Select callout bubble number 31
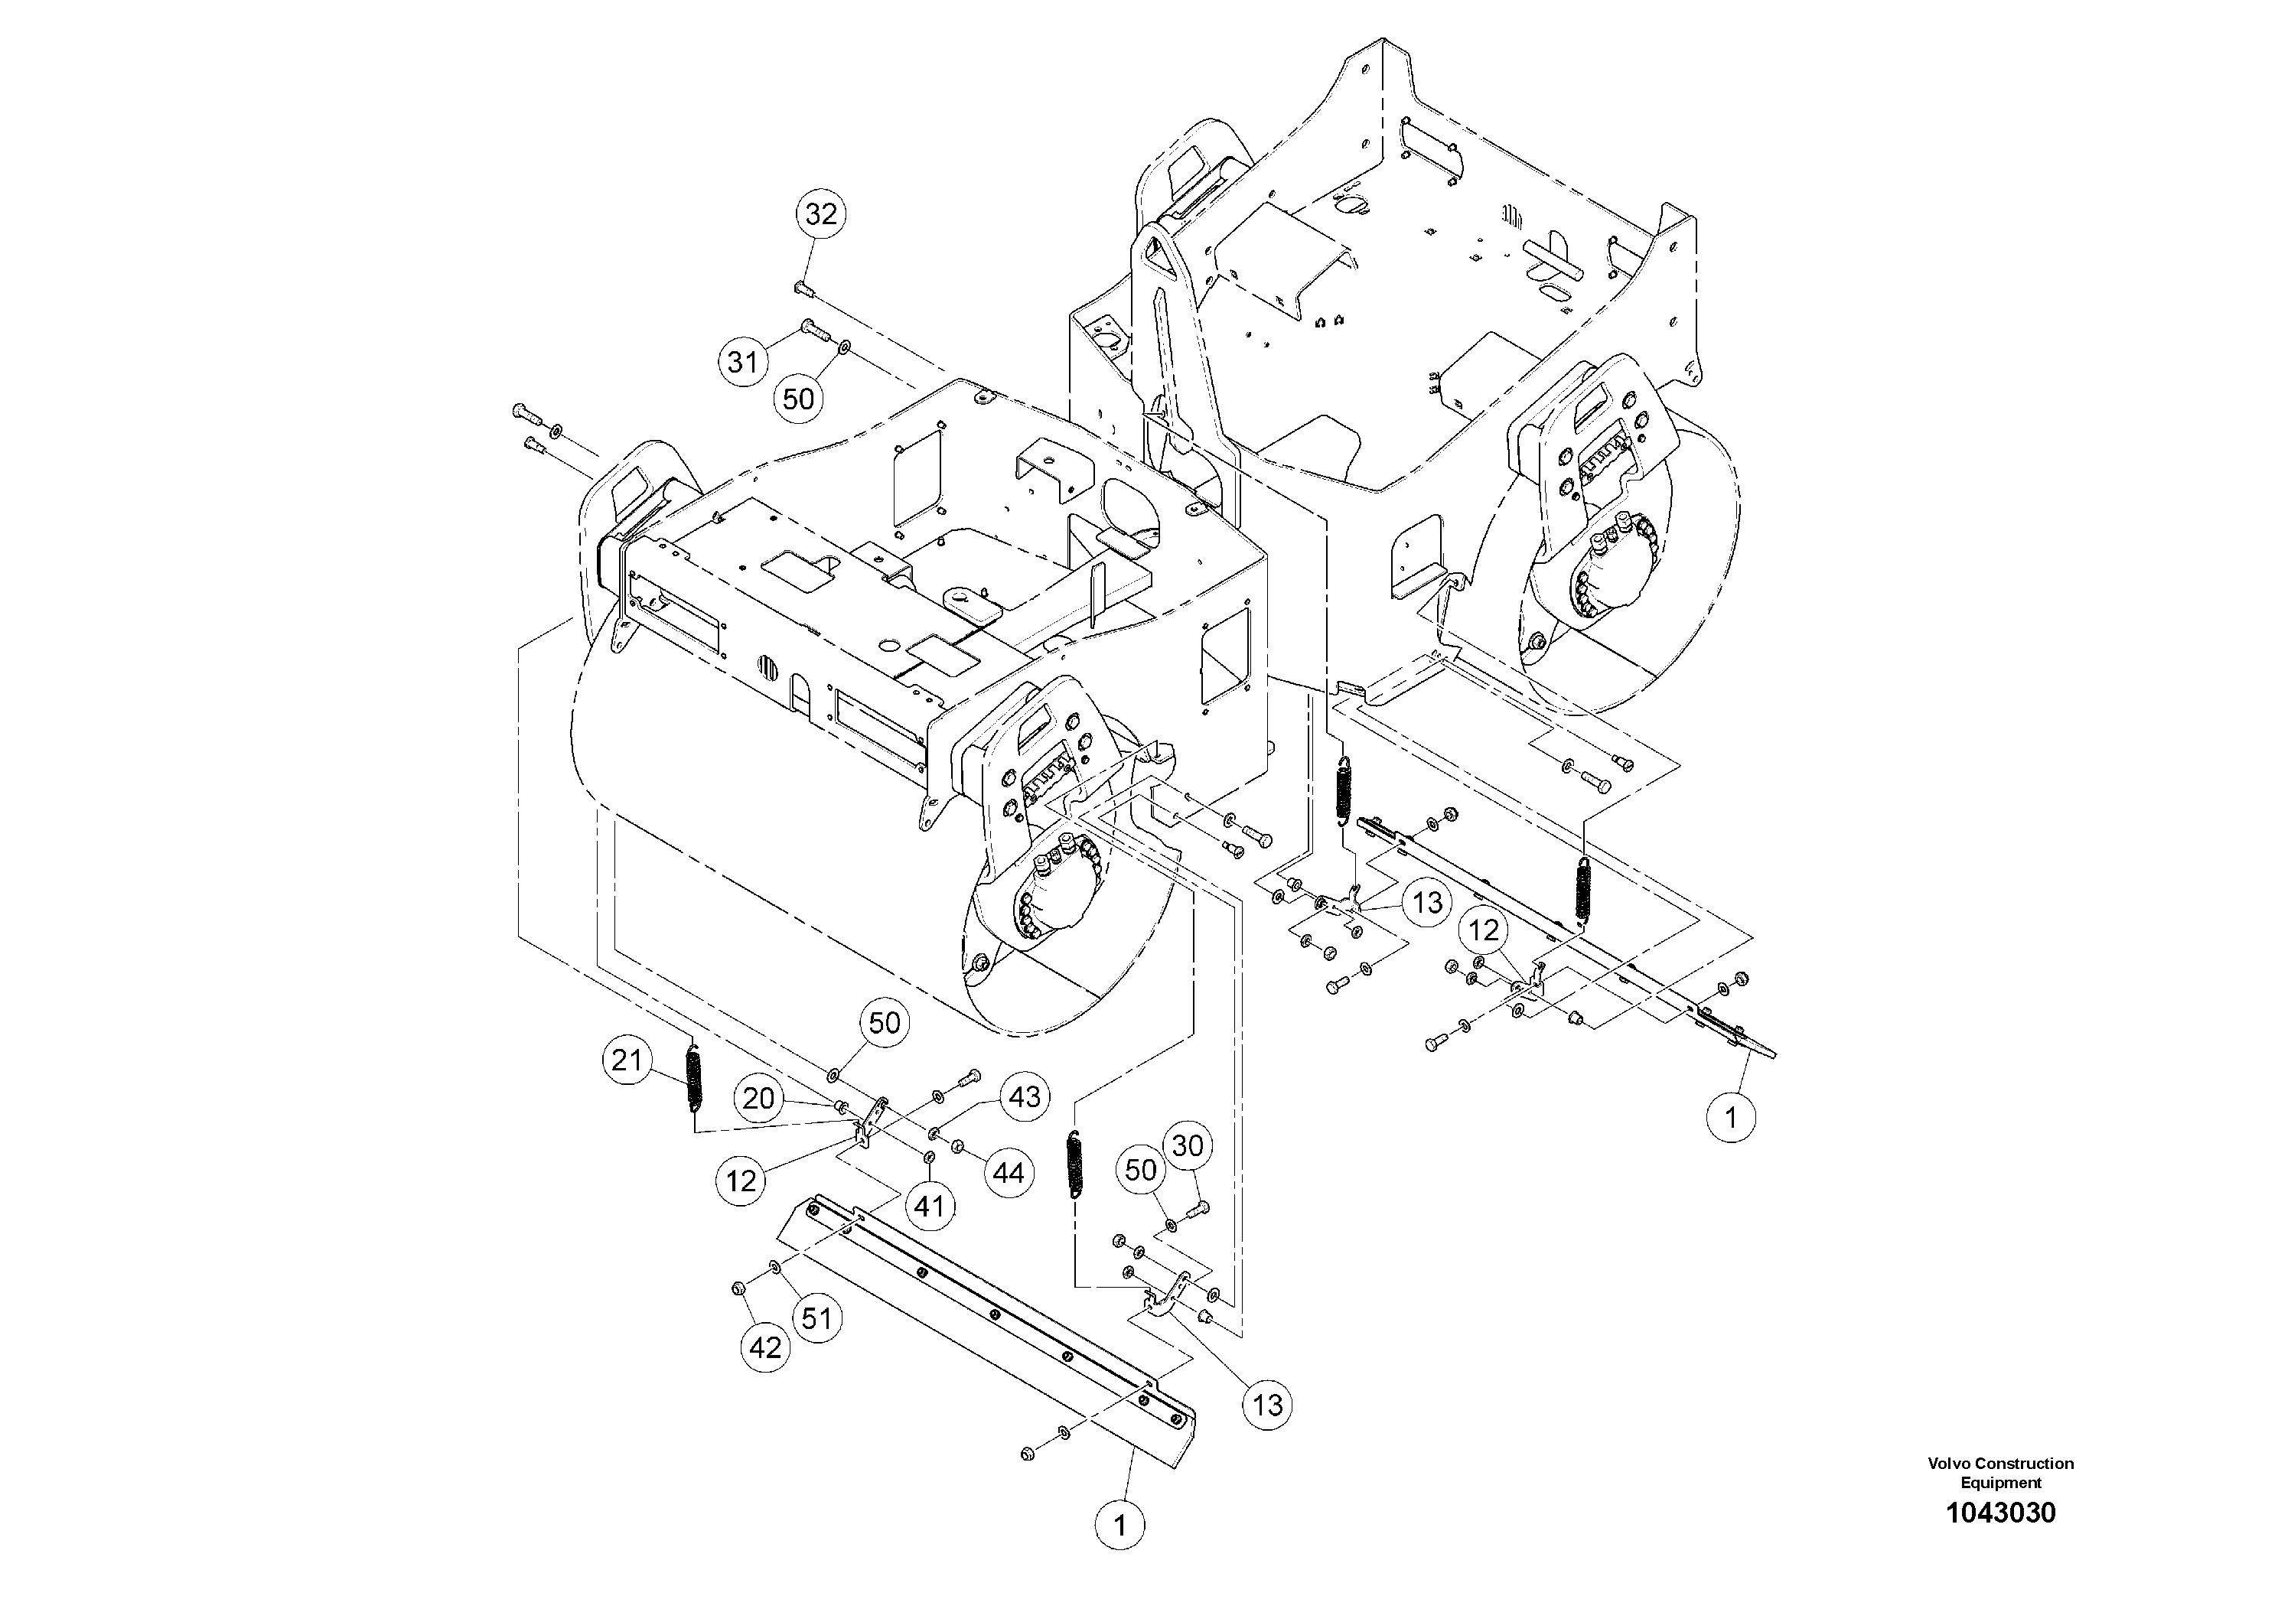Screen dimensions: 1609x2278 [743, 362]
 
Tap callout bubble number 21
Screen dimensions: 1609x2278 [627, 1061]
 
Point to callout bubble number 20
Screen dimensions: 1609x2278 [759, 1098]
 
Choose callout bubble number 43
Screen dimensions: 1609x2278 [1024, 1096]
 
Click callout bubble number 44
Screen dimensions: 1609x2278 [1008, 1174]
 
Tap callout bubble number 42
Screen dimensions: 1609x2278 [765, 1347]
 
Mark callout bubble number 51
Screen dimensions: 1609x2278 [816, 1318]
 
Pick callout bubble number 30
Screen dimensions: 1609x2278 [1187, 1146]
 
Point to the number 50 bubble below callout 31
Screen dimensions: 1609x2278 [799, 399]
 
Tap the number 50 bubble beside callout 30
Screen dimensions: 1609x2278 [1141, 1171]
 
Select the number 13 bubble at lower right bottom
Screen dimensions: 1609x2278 [1267, 1405]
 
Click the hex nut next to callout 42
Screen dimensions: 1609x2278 [738, 1288]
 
